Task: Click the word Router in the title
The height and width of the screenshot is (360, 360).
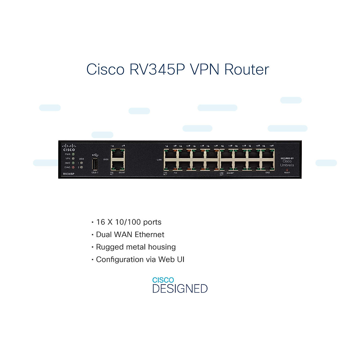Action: point(247,69)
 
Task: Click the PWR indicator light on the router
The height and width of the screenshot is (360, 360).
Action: point(73,154)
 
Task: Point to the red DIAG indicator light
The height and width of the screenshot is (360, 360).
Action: point(73,167)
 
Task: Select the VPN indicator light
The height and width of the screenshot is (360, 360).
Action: point(73,158)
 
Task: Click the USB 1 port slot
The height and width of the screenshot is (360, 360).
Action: point(94,164)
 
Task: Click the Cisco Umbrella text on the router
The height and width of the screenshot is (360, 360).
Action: point(287,163)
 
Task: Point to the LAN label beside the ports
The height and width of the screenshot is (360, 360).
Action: point(159,160)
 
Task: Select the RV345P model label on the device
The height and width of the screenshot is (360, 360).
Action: point(69,174)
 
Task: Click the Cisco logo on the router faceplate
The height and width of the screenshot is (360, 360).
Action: point(69,148)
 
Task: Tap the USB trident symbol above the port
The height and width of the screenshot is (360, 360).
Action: point(95,155)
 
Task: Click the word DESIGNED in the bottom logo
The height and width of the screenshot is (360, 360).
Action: point(180,289)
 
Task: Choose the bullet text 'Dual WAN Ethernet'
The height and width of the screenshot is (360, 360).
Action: point(130,235)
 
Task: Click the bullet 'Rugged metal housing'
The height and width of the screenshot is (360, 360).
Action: point(136,247)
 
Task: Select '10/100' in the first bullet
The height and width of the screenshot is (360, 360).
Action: point(128,222)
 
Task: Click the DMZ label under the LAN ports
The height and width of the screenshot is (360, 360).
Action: point(268,173)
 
